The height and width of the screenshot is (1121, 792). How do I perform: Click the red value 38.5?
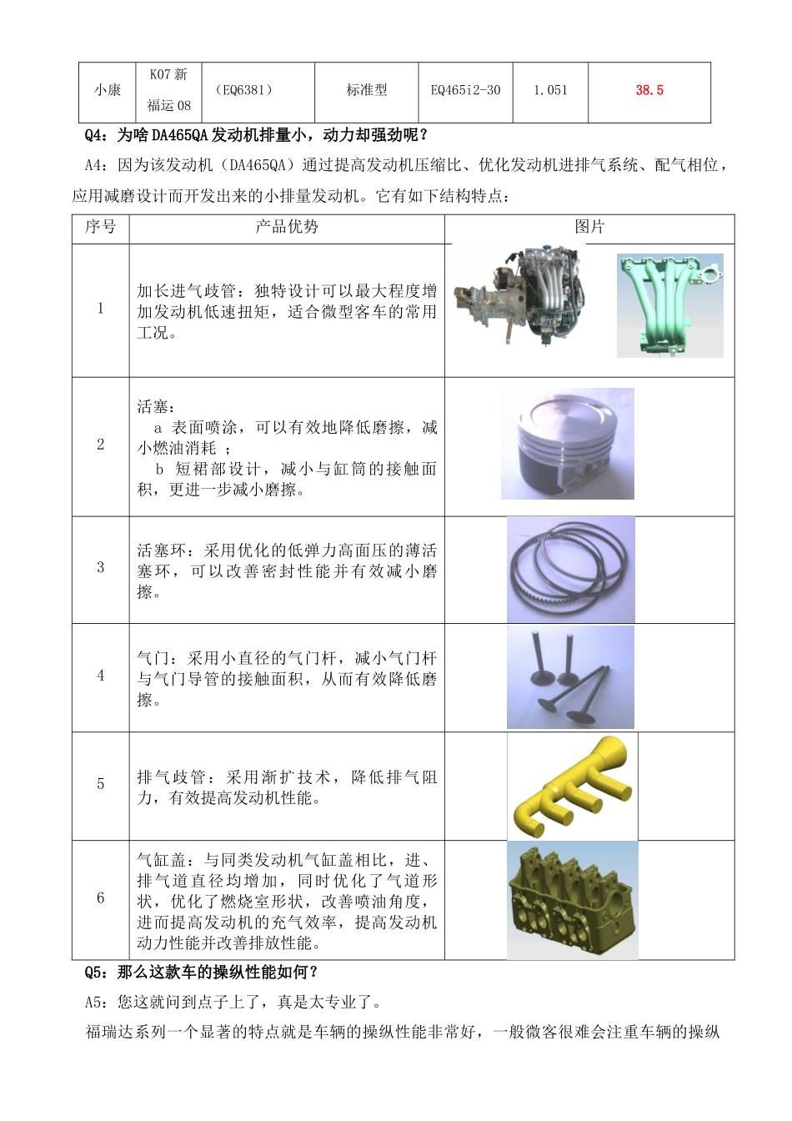[x=649, y=90]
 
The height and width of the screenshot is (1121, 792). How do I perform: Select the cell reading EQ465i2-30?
[x=465, y=90]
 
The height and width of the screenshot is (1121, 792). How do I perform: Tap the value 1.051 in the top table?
[x=550, y=90]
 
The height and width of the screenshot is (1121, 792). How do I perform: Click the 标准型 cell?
[x=367, y=90]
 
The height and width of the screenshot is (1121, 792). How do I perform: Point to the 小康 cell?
[x=108, y=90]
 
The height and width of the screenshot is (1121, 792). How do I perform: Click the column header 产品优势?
[x=286, y=227]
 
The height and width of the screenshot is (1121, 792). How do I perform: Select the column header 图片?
[x=589, y=227]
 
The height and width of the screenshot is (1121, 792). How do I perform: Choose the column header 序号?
[x=100, y=227]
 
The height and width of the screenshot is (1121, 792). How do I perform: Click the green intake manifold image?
[x=669, y=305]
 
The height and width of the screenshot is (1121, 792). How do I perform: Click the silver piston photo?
[x=567, y=444]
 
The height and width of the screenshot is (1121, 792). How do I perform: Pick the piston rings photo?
[x=570, y=571]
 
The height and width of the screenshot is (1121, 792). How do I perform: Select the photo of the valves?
[x=570, y=677]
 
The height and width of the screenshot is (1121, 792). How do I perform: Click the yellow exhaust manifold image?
[x=572, y=786]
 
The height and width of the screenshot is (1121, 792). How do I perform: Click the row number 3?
[x=101, y=568]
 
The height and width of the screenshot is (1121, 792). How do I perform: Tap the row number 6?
[x=101, y=898]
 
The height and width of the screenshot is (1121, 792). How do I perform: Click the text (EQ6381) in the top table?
[x=243, y=90]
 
